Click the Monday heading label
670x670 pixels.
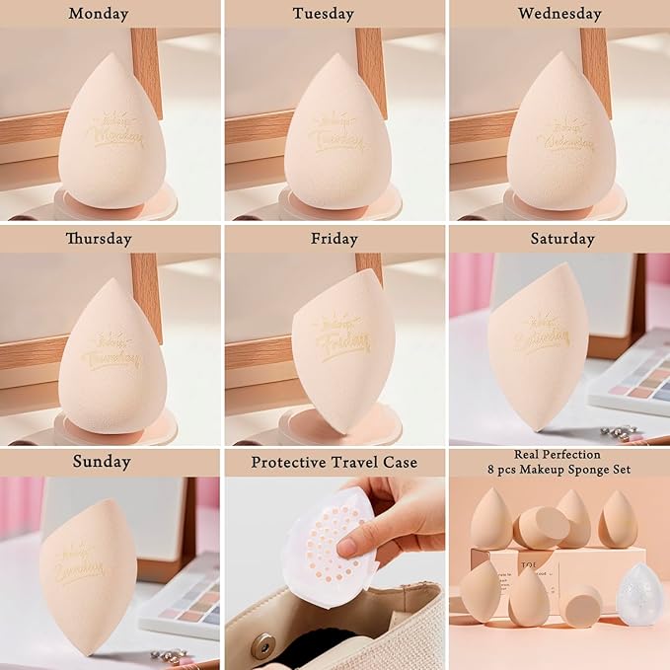(111, 14)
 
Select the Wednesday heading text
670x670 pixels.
(558, 14)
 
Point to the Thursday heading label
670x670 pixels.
(99, 239)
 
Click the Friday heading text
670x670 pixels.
(334, 239)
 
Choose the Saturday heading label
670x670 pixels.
(562, 239)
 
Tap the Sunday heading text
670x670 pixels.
(103, 462)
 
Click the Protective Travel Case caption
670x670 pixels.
(334, 462)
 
